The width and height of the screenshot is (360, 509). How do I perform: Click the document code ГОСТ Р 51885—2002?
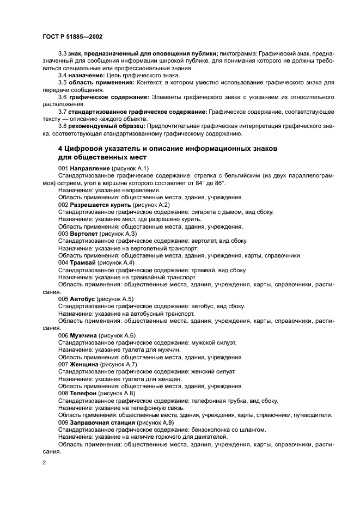pos(72,36)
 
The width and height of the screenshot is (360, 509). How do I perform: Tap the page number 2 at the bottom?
pos(44,463)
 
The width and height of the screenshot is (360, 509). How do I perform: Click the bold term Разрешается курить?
pos(100,204)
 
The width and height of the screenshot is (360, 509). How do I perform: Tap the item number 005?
pos(63,299)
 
